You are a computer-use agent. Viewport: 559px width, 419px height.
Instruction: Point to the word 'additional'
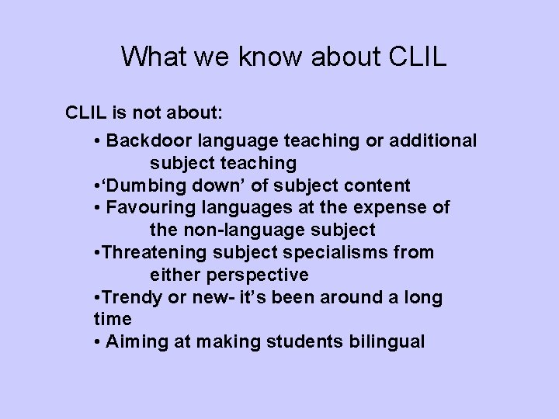click(434, 141)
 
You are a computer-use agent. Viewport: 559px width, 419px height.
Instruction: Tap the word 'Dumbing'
click(147, 186)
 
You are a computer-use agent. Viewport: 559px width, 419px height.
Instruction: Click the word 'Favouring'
click(144, 208)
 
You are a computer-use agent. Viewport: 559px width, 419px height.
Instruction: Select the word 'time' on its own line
click(110, 320)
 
